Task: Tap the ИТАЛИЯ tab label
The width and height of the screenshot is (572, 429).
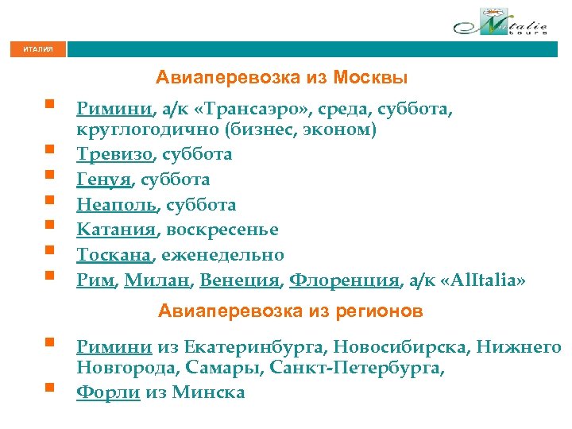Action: pyautogui.click(x=38, y=49)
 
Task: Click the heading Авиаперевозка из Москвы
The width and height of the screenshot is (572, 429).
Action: pyautogui.click(x=282, y=78)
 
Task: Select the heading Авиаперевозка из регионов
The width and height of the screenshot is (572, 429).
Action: pyautogui.click(x=290, y=311)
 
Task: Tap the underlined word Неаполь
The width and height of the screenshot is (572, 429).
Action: pyautogui.click(x=117, y=205)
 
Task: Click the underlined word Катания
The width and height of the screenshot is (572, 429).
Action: pyautogui.click(x=117, y=230)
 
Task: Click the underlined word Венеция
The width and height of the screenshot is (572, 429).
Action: pyautogui.click(x=240, y=280)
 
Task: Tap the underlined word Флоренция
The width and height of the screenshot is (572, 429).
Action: pyautogui.click(x=343, y=280)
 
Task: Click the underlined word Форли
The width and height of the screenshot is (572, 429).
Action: pyautogui.click(x=108, y=392)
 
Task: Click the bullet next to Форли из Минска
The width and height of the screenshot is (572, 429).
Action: pyautogui.click(x=49, y=388)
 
